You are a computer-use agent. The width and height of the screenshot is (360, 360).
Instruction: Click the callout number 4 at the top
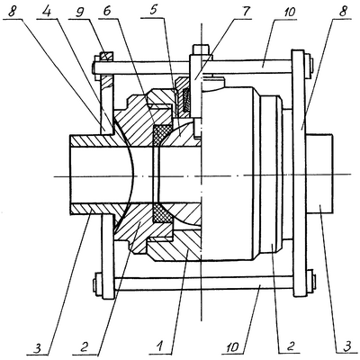47,11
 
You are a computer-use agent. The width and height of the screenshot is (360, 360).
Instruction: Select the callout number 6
108,11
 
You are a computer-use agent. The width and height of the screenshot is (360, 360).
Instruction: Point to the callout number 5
154,11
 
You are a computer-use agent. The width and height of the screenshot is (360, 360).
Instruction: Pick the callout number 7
245,11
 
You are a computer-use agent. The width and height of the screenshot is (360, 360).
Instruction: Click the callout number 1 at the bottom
161,347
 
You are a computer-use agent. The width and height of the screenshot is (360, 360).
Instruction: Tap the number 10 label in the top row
287,11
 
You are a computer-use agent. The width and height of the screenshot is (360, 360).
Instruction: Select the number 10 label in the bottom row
233,348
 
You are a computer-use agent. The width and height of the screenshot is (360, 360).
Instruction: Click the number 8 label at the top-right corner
343,11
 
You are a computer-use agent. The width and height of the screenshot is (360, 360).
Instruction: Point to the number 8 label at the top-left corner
12,11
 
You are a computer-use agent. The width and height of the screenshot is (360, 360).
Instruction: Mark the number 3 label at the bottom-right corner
346,348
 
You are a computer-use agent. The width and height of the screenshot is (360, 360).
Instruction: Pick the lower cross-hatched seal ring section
163,213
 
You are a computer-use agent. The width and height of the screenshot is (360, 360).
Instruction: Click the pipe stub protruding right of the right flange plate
319,174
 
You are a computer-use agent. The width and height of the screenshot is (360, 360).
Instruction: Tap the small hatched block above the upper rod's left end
107,56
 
